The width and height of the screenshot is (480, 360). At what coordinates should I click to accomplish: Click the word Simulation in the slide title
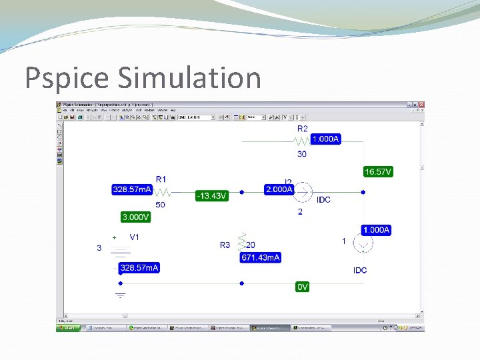pos(189,78)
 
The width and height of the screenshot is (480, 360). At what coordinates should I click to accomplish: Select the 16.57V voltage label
pos(378,172)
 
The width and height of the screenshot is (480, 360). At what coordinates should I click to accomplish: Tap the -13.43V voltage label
pos(211,196)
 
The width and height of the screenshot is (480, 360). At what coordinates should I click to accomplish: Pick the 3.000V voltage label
pos(135,217)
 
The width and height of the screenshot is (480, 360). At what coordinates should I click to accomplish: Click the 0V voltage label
pos(303,287)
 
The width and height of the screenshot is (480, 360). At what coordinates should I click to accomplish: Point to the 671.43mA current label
pos(261,257)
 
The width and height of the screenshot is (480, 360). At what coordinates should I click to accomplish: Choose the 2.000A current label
pos(279,189)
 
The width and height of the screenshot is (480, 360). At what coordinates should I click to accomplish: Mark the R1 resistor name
pos(161,179)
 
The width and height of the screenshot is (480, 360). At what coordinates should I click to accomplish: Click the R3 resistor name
pos(225,245)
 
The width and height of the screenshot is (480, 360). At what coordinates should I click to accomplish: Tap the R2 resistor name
pos(303,128)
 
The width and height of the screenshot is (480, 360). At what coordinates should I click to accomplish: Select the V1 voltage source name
pos(135,237)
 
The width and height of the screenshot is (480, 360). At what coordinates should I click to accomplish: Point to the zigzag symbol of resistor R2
pos(302,141)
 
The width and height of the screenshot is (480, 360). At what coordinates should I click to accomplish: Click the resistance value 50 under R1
pos(161,204)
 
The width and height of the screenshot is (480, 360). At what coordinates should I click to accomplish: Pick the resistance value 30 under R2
pos(302,154)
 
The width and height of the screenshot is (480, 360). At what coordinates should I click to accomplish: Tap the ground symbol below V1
pos(121,294)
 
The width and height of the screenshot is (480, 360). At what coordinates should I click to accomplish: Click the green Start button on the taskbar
pos(69,328)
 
